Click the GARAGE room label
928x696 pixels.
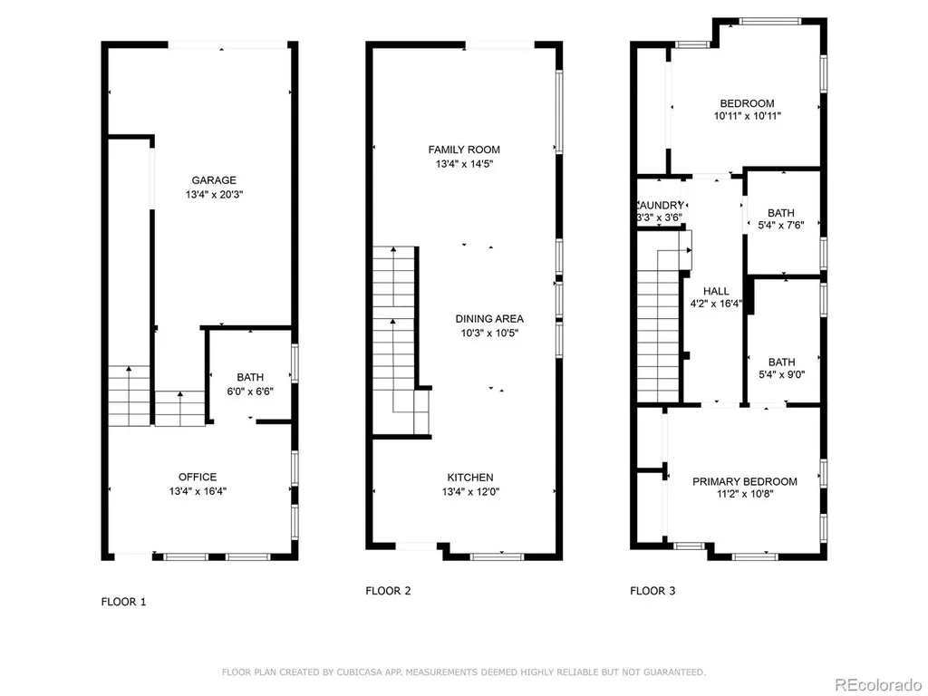(214, 180)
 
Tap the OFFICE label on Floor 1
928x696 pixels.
(198, 477)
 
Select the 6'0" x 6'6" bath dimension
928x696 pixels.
(250, 391)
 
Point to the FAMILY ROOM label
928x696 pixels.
(464, 150)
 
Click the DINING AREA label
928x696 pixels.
(489, 318)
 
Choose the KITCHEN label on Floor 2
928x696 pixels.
(470, 478)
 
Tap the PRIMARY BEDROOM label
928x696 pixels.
(745, 482)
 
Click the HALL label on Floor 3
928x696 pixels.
(716, 291)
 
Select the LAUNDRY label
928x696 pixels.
(661, 205)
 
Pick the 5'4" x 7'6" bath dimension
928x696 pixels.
(781, 225)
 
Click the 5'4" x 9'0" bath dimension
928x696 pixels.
(782, 374)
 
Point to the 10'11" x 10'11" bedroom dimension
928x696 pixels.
(748, 116)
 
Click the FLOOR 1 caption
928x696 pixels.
(123, 602)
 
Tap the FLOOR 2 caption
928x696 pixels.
(388, 591)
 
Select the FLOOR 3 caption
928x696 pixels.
(652, 591)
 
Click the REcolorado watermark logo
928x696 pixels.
(878, 684)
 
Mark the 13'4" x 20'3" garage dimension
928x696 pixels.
(214, 194)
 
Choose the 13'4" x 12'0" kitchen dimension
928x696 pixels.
(470, 492)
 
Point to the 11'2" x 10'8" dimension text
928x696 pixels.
(745, 494)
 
